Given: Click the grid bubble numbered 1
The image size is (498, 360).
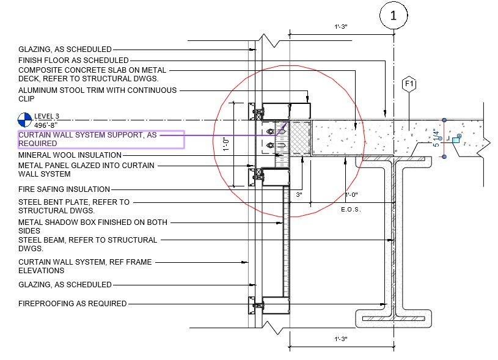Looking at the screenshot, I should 393,17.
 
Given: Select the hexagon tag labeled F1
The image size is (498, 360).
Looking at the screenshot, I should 409,84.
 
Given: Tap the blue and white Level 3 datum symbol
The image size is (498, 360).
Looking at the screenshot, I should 24,119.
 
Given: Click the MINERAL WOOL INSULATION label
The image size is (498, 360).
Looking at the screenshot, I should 70,155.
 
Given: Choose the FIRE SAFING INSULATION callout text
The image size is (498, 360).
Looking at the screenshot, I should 64,189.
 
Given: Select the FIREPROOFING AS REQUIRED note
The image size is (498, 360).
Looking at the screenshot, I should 72,303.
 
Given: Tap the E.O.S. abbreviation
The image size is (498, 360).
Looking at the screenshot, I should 351,209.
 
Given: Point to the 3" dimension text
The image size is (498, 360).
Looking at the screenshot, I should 299,195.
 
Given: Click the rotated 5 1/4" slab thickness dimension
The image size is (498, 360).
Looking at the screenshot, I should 436,138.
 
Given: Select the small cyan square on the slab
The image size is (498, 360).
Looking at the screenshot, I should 455,140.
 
